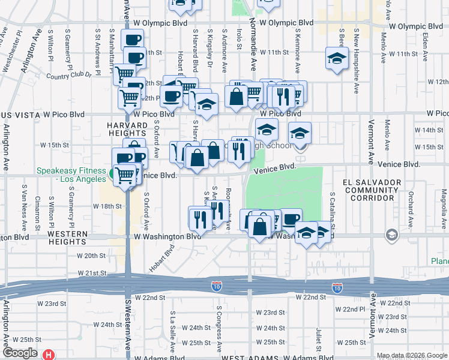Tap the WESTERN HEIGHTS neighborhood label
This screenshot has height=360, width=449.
(x=68, y=238)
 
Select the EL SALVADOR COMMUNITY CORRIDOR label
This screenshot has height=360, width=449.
(x=370, y=190)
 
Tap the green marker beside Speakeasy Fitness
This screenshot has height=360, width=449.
(x=112, y=175)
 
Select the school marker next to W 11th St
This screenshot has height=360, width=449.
(x=337, y=59)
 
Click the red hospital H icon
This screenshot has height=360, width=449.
(x=48, y=355)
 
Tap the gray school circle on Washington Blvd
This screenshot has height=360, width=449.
(x=393, y=234)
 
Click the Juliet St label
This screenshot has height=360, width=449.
(x=318, y=339)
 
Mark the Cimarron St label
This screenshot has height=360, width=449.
(x=37, y=208)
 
